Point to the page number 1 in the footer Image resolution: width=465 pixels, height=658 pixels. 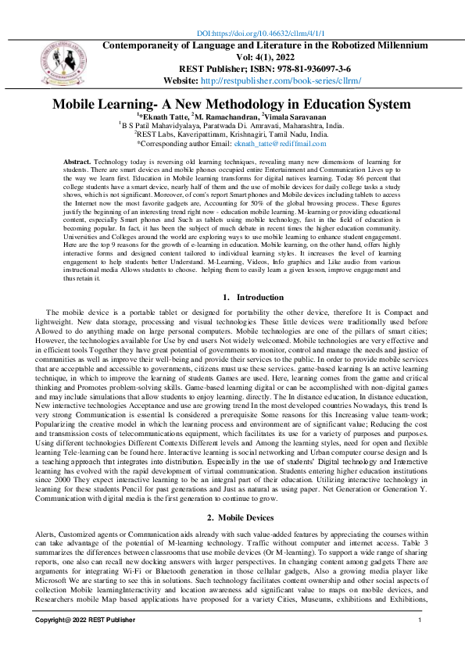[420, 620]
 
